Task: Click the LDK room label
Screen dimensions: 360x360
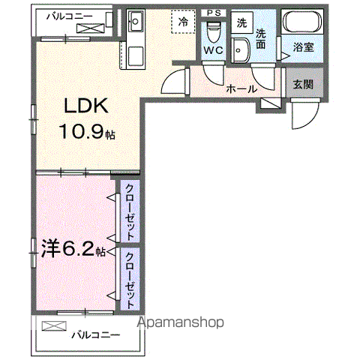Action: (86, 106)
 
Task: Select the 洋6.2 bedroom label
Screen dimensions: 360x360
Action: (73, 249)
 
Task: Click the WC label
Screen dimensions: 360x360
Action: (213, 50)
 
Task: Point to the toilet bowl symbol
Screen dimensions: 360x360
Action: (214, 32)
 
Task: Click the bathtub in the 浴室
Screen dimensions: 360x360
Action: (302, 21)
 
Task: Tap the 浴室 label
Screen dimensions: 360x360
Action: (303, 47)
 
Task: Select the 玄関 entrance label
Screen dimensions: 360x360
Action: (303, 84)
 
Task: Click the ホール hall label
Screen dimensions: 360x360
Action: (241, 88)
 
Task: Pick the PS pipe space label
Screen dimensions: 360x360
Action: (214, 13)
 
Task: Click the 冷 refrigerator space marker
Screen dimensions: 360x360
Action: (183, 22)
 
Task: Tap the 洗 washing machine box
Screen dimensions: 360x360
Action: (241, 22)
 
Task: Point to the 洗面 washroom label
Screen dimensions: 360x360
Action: (260, 39)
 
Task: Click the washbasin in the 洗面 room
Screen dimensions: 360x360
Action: (240, 50)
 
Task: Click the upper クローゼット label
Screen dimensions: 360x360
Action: (130, 211)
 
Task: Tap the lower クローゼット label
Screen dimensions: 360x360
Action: (130, 280)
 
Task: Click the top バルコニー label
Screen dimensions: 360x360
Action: (70, 16)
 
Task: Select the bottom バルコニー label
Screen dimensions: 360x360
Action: (96, 334)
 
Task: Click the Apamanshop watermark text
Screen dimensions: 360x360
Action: (181, 322)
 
